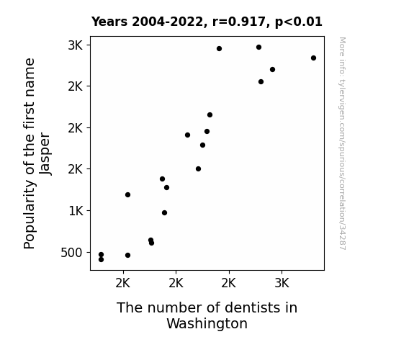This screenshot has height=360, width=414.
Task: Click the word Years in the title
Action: [109, 22]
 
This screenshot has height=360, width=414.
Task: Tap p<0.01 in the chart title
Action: [299, 22]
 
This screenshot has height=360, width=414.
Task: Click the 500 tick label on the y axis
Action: [71, 253]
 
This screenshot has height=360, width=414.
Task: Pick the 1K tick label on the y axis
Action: [76, 211]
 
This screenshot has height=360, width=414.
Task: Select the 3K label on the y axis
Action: [76, 45]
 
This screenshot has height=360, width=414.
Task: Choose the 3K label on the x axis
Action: [282, 284]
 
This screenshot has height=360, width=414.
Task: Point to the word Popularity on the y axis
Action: [30, 215]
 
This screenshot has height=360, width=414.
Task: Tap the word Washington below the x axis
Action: [207, 323]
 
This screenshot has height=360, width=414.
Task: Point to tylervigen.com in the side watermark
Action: [343, 102]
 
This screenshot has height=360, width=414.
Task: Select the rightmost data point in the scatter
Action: [313, 58]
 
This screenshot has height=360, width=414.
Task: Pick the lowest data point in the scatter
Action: [101, 260]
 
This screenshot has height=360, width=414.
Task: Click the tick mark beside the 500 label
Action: [89, 253]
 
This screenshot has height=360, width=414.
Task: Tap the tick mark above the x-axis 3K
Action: [282, 272]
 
